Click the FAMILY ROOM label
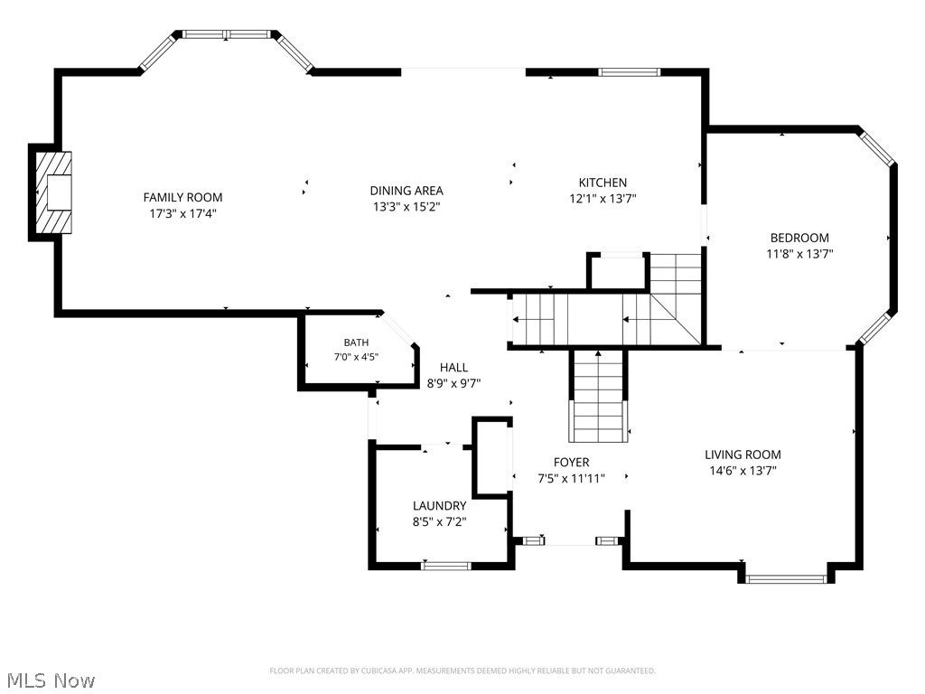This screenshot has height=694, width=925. coord(182,197)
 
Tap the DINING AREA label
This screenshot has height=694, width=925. coord(406,191)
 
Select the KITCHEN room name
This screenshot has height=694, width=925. coord(603,183)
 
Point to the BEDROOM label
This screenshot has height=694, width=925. coord(799,238)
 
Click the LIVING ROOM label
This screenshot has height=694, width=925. coord(743,455)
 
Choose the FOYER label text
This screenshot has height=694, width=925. coord(571,462)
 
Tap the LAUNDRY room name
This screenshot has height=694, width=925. coord(440,505)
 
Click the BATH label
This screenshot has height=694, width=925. coord(356,342)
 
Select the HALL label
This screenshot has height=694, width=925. coord(453,368)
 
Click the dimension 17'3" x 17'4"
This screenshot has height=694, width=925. coord(182,213)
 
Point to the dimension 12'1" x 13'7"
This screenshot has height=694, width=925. coord(603,198)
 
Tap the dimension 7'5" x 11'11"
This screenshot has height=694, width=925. coord(571,478)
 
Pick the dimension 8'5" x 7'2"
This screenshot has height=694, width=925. coord(440,521)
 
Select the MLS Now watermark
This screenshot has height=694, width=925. coord(48,680)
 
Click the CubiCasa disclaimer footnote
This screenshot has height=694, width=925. coord(462,671)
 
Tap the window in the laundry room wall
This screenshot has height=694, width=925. coord(446,566)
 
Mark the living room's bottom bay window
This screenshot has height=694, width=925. coord(787,579)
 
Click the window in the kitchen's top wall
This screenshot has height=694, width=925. coord(629,72)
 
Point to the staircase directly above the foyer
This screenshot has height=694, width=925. coord(598,396)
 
